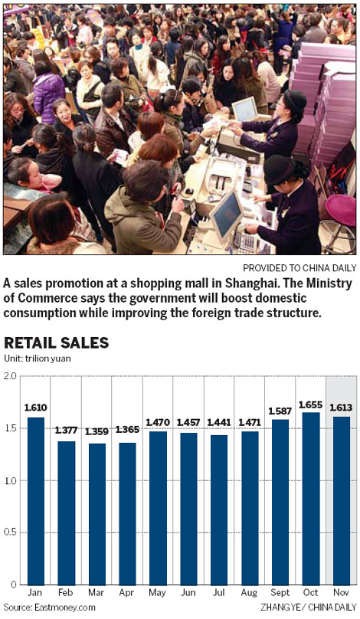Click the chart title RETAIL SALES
[57, 342]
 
